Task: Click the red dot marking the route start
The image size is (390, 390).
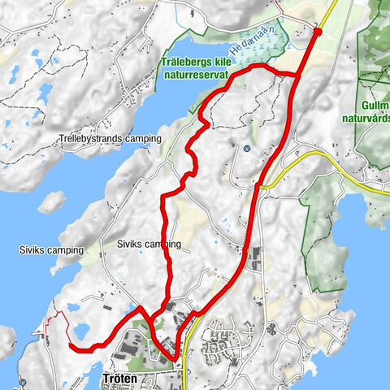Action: coord(318,32)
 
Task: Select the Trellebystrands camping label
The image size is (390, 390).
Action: coord(110,139)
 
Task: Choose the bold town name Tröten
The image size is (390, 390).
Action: coord(123,379)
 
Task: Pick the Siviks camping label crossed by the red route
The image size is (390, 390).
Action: coord(148,243)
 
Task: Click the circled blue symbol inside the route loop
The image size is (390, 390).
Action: coord(245,148)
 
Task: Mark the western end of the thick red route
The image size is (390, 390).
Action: coord(71,346)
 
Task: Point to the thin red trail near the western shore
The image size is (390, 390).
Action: coord(50,323)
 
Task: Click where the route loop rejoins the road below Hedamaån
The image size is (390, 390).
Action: coord(297,76)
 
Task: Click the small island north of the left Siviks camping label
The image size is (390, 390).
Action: coord(53,200)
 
